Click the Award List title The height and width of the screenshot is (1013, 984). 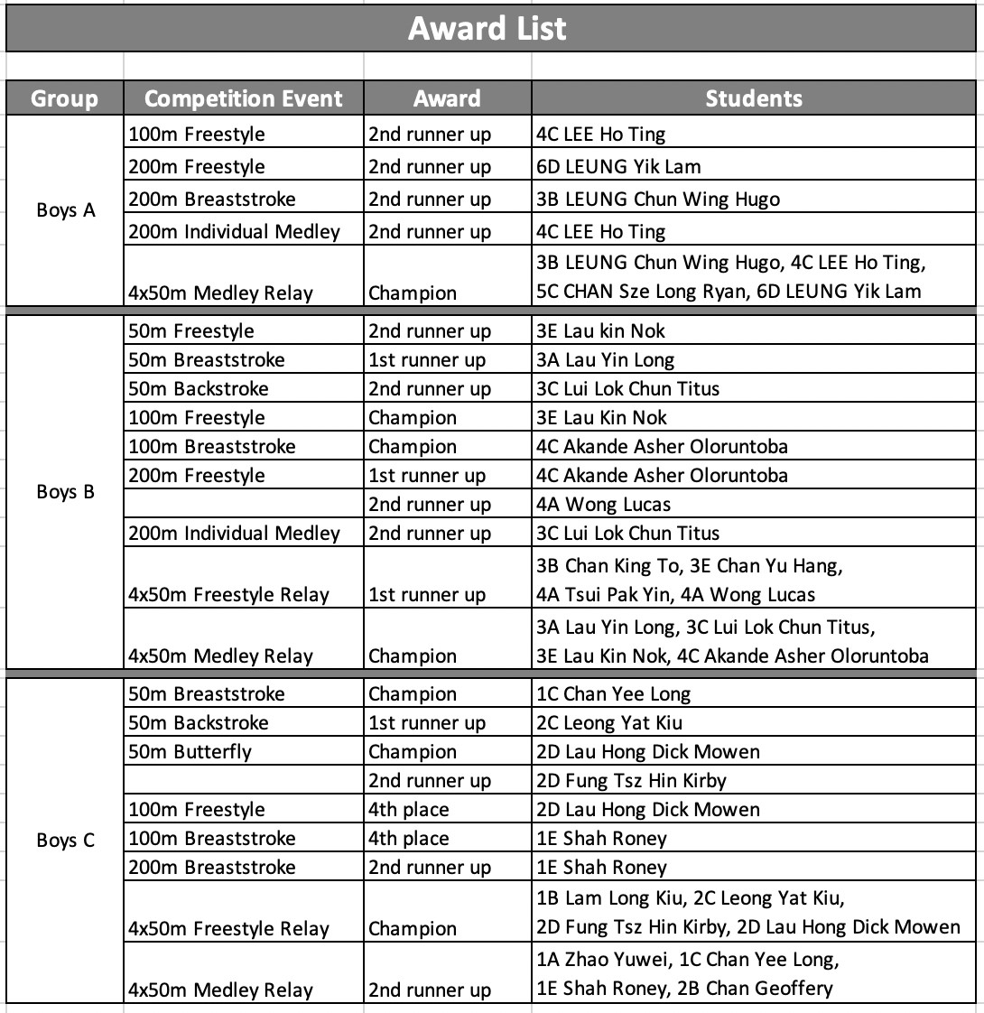pos(487,28)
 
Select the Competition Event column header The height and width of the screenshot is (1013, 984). pos(244,98)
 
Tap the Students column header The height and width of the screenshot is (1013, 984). pos(754,98)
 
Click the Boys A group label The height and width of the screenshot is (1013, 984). pos(65,210)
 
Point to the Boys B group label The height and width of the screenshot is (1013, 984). pos(65,492)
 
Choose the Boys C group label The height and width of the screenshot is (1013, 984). pos(65,841)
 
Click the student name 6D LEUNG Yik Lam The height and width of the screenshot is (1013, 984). pos(618,167)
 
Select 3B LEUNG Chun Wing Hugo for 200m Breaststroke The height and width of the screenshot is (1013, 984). pos(658,200)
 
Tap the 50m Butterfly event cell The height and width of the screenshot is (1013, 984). pos(190,752)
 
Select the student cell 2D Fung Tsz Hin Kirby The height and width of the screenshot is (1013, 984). pos(631,781)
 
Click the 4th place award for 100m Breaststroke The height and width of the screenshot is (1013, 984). pos(409,839)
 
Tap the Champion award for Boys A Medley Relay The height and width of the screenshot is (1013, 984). pos(413,293)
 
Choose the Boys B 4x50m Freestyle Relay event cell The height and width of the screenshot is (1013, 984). pos(229,595)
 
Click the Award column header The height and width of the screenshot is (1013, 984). pos(447,98)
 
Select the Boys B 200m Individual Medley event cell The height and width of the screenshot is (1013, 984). pos(235,534)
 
